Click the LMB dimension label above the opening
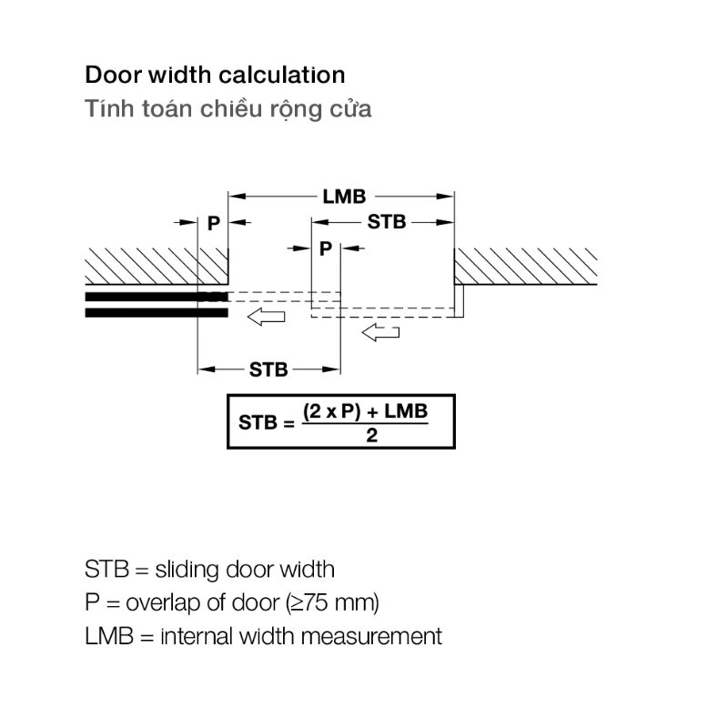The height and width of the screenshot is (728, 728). click(x=344, y=197)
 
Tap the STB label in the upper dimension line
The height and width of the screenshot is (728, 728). click(x=386, y=222)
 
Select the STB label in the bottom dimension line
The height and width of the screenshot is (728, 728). click(x=268, y=369)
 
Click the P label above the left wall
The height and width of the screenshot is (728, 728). click(x=213, y=223)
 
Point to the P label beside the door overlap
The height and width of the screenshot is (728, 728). click(x=326, y=248)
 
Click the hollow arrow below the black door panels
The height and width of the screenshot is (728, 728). click(x=266, y=317)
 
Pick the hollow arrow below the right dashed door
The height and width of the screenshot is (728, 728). click(x=380, y=332)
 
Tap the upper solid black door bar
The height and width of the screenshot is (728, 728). click(x=157, y=297)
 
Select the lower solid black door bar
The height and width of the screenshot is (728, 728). click(x=157, y=313)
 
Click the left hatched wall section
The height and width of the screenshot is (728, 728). click(x=157, y=266)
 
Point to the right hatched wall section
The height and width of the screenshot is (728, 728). click(x=525, y=266)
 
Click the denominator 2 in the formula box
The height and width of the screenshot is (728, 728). click(x=371, y=436)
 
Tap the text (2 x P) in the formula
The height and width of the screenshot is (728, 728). click(x=331, y=411)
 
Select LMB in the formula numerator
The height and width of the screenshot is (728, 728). click(x=406, y=411)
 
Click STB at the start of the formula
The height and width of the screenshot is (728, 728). click(x=258, y=422)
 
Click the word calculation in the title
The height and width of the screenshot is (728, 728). click(x=281, y=76)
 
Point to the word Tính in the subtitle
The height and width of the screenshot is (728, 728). click(x=110, y=108)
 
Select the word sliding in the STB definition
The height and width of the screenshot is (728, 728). click(x=187, y=571)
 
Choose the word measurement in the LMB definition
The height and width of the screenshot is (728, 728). click(x=371, y=636)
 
